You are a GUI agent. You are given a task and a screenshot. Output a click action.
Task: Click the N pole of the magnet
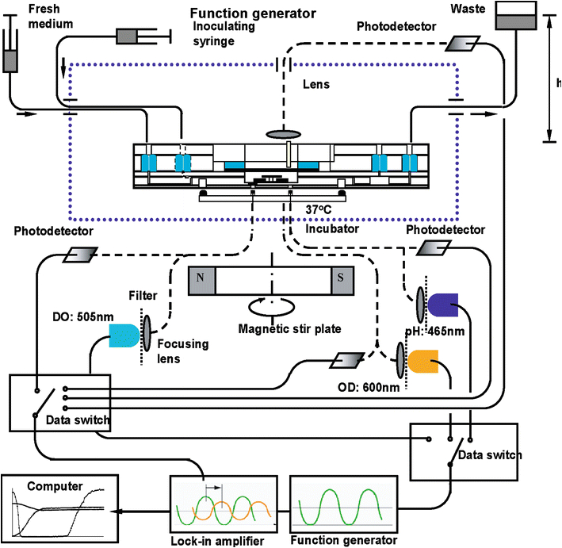[x=199, y=281]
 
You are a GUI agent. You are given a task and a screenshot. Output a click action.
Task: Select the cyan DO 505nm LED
[x=122, y=335]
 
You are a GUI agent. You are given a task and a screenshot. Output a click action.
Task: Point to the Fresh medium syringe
[x=11, y=59]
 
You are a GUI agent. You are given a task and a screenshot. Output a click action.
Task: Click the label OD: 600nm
[x=354, y=389]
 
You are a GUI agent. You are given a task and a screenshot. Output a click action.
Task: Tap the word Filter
[x=143, y=294]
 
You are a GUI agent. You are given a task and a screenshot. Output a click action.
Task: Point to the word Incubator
[x=331, y=228]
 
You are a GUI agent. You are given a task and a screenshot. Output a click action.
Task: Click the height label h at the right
[x=558, y=83]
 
